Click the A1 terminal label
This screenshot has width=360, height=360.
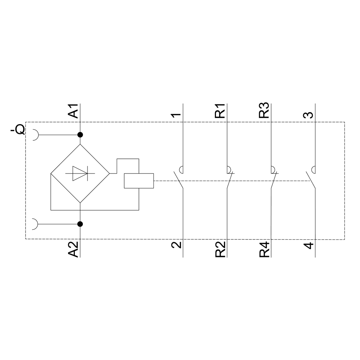pos(74,111)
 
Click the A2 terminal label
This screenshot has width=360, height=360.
pos(74,249)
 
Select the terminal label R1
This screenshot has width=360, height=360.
pos(220,111)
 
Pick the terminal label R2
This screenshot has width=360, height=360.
pos(220,249)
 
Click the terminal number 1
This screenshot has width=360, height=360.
pos(176,115)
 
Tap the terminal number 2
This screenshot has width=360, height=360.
pos(176,245)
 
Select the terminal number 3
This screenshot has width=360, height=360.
pos(309,115)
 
